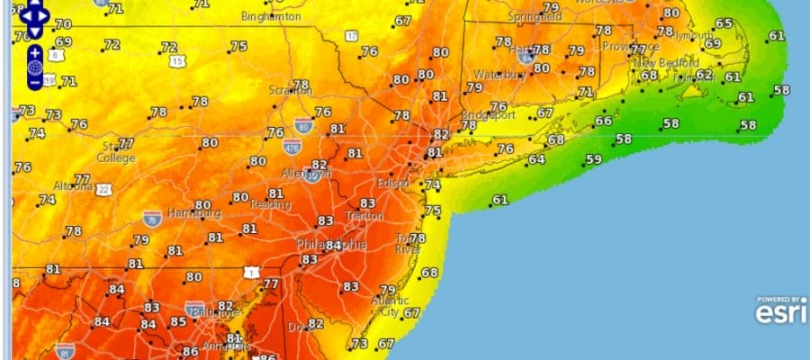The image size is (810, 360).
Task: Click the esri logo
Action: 776,311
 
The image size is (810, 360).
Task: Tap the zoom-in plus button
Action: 34,52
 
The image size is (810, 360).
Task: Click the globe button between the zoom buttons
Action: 34,67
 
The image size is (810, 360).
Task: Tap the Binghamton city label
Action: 272,17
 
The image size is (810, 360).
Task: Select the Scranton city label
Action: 291,90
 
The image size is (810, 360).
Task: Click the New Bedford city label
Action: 668,63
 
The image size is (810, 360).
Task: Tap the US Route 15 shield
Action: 177,61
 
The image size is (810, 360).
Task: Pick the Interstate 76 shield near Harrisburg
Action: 151,219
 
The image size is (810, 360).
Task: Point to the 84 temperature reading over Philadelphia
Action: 333,245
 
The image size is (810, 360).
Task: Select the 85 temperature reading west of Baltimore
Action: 178,322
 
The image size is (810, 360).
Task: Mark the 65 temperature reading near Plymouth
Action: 724,23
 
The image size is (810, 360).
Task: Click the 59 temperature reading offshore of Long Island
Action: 593,159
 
